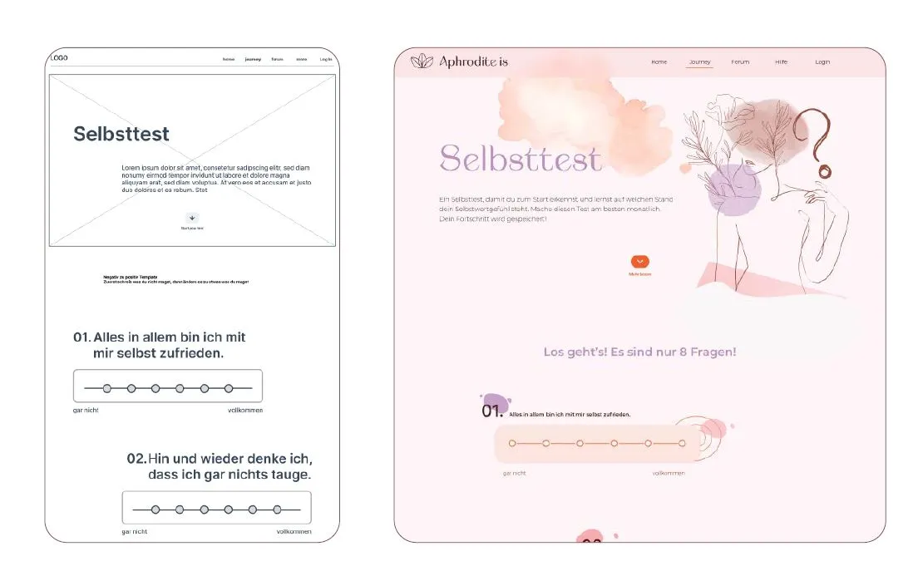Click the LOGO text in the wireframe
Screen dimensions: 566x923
click(x=59, y=58)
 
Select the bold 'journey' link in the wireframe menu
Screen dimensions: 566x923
click(x=253, y=59)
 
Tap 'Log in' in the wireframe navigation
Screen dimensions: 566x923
click(x=326, y=59)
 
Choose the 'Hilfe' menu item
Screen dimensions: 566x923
click(x=781, y=62)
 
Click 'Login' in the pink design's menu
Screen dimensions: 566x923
click(x=822, y=62)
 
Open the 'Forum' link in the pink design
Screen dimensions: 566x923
click(x=740, y=62)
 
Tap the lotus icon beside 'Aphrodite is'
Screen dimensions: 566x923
click(x=422, y=62)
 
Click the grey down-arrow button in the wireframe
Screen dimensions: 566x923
click(x=192, y=218)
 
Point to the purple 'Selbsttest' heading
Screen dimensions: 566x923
click(x=520, y=158)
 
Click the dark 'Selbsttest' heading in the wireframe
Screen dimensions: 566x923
click(x=121, y=134)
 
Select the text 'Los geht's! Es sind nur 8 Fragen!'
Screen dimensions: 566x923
click(x=639, y=352)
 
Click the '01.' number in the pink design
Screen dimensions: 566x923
click(x=492, y=411)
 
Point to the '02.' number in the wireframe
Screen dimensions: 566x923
click(x=136, y=458)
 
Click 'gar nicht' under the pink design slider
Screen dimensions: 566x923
click(x=514, y=473)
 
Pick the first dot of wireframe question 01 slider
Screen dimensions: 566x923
click(x=106, y=388)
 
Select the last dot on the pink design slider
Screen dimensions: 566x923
click(x=682, y=443)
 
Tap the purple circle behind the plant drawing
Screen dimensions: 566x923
click(x=733, y=191)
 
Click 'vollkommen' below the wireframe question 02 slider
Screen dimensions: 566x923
click(x=294, y=531)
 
